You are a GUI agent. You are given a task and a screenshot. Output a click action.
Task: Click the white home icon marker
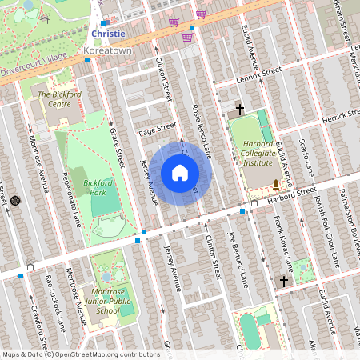pyautogui.click(x=180, y=173)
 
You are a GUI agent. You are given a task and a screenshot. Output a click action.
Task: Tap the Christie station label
pyautogui.click(x=109, y=34)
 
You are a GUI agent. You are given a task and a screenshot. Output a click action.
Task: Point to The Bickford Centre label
pyautogui.click(x=60, y=99)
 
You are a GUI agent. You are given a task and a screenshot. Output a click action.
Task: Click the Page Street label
pyautogui.click(x=156, y=127)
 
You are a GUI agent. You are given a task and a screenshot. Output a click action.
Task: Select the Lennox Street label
pyautogui.click(x=260, y=74)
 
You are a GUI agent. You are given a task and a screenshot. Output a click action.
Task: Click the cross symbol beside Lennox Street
pyautogui.click(x=239, y=108)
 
